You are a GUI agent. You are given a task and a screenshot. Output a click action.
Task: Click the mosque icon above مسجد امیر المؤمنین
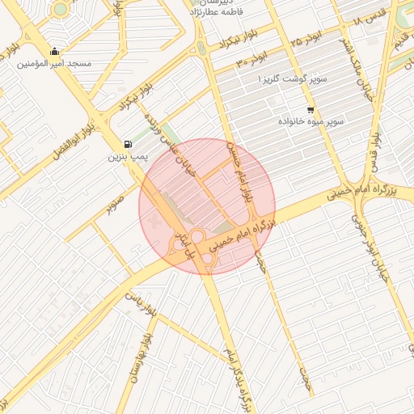click(x=54, y=52)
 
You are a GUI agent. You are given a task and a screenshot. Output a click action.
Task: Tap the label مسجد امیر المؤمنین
click(x=55, y=63)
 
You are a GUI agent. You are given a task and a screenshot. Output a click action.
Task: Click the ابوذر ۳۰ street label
click(x=251, y=59)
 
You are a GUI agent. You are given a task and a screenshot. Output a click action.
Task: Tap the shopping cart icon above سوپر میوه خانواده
click(x=310, y=109)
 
